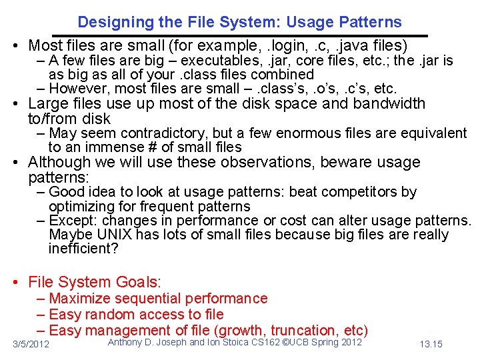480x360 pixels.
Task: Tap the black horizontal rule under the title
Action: tap(240, 35)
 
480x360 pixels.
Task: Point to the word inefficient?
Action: tap(83, 249)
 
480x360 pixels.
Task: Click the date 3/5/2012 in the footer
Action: tap(31, 344)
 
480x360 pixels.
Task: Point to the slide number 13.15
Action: tap(431, 344)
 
